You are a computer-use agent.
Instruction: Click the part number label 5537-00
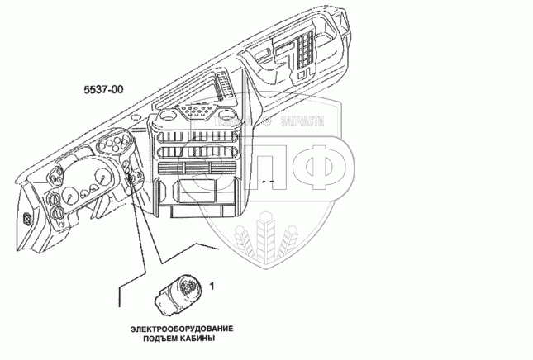104,89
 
